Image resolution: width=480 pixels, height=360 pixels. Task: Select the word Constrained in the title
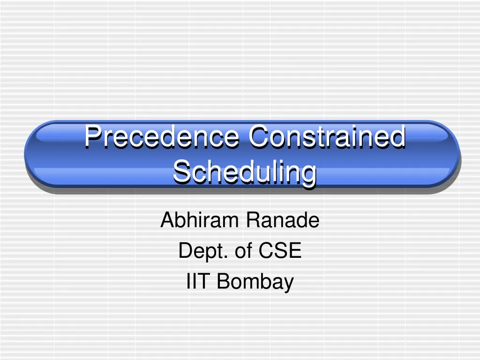point(327,137)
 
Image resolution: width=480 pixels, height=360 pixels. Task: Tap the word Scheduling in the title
point(244,172)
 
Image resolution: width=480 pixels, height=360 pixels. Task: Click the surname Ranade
point(283,220)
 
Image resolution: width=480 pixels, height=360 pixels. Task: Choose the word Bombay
point(255,283)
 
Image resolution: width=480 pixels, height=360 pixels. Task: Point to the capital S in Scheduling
point(180,172)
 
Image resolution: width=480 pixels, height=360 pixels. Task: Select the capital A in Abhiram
point(166,220)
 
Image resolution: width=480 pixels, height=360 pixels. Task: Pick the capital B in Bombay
point(224,282)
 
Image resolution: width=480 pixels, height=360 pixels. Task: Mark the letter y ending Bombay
point(288,285)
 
